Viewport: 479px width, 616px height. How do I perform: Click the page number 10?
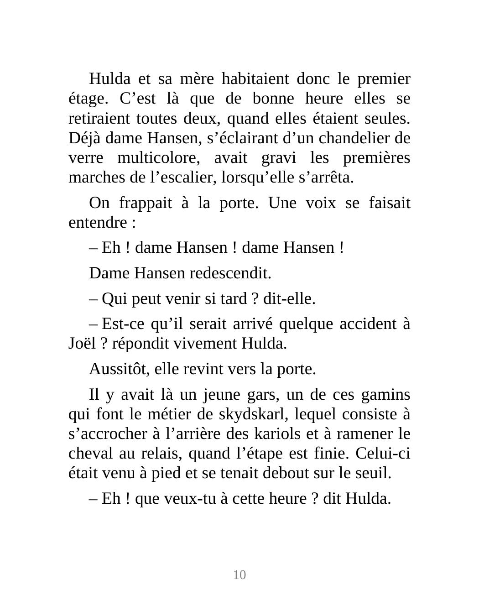(x=239, y=574)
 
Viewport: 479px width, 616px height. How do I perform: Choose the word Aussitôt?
(x=119, y=369)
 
